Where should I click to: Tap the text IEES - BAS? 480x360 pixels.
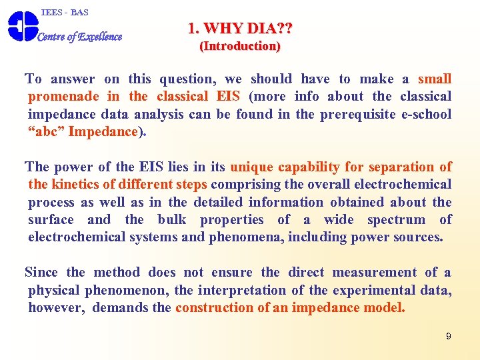(x=65, y=12)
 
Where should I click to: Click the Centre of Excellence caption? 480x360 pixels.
(x=80, y=37)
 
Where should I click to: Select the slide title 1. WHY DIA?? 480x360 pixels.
(x=240, y=29)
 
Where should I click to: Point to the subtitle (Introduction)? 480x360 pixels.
(x=240, y=46)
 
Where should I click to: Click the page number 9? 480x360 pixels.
(x=449, y=336)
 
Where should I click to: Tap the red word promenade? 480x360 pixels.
(x=63, y=97)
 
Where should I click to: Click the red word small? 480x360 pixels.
(x=435, y=79)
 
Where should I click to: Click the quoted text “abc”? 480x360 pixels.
(x=46, y=131)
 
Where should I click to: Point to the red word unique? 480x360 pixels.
(x=251, y=167)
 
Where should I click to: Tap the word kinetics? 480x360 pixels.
(x=75, y=184)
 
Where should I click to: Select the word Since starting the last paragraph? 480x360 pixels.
(x=41, y=272)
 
